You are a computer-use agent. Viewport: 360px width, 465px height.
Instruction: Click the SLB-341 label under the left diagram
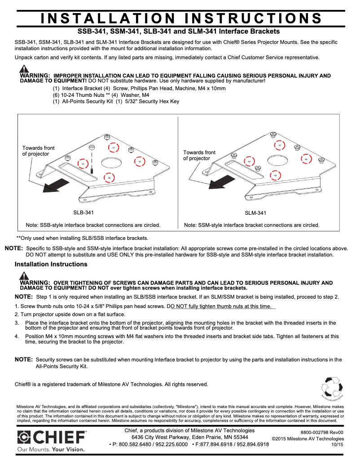pos(83,213)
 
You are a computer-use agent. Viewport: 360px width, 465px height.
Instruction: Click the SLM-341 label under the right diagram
pos(255,213)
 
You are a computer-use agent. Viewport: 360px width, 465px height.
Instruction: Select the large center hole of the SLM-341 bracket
pos(277,159)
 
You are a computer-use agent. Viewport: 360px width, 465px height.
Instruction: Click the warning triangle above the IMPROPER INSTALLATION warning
pos(24,69)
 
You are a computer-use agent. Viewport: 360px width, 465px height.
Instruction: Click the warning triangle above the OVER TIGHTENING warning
pos(24,276)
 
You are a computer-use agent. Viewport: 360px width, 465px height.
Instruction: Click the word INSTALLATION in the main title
pos(108,18)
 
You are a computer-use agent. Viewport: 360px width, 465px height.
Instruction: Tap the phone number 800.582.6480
pos(131,444)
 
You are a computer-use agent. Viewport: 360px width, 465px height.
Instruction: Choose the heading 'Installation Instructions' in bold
pos(51,264)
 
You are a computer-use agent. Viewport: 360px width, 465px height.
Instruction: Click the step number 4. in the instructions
pos(17,336)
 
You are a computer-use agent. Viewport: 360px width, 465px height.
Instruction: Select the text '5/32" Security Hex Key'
pos(151,101)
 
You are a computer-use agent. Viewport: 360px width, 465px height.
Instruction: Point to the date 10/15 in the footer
pos(337,445)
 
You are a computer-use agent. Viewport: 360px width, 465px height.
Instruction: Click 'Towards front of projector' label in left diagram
pos(39,151)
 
